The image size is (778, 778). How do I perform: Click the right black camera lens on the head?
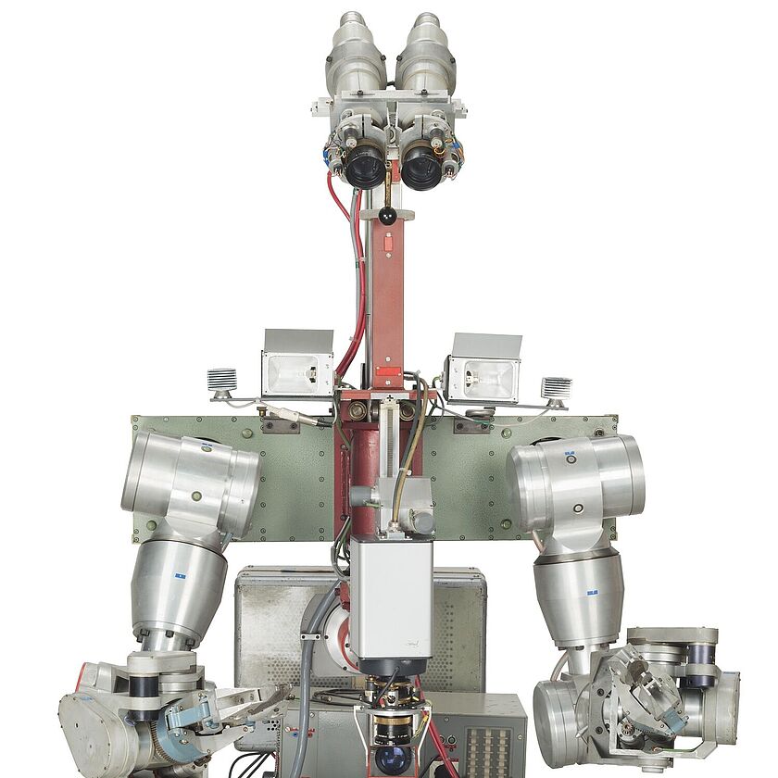tap(421, 169)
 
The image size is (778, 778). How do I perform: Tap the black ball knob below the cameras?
tap(387, 216)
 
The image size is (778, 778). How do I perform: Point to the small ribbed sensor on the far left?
tap(222, 380)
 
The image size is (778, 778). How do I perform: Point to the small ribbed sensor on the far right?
tap(556, 387)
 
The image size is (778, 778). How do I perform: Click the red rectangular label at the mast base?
tap(388, 371)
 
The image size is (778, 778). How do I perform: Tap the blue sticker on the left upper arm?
tap(180, 575)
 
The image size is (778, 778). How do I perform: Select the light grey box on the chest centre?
tap(391, 597)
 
